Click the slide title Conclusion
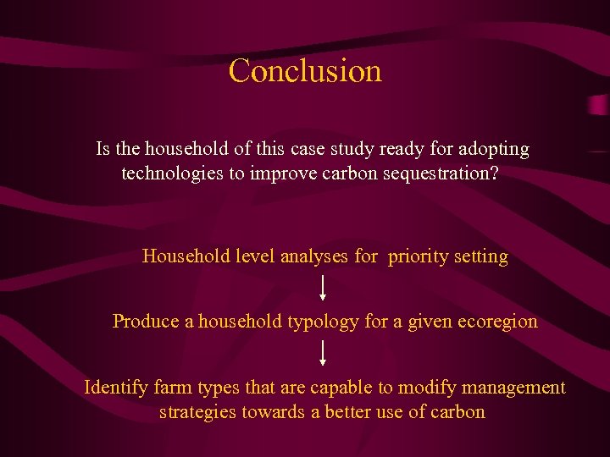(x=305, y=70)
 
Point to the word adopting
(x=494, y=150)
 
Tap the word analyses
(x=313, y=256)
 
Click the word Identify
(x=116, y=388)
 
